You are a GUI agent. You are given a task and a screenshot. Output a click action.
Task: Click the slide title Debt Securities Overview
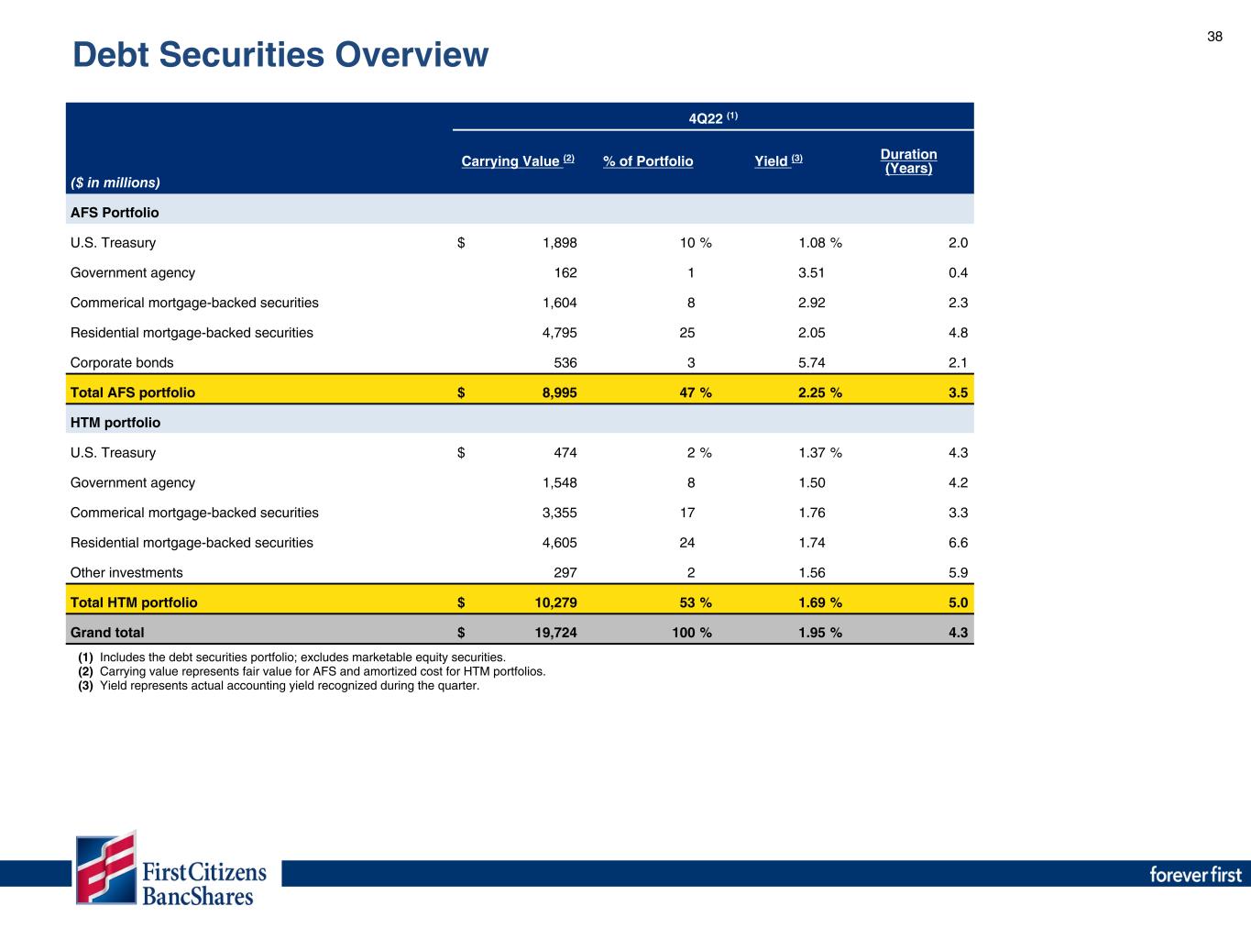click(x=280, y=56)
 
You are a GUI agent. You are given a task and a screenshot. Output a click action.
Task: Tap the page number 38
click(x=1214, y=37)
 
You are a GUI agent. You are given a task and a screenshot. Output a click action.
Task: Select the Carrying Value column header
click(x=517, y=161)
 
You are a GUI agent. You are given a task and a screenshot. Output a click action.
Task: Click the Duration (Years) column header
click(x=908, y=161)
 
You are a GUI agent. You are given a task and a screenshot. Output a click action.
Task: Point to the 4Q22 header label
click(x=713, y=117)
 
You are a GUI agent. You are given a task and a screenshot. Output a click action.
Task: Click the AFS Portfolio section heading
click(x=115, y=213)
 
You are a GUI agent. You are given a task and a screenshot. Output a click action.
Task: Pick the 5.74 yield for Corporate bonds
click(x=812, y=362)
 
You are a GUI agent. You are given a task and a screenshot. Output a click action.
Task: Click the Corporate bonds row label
click(x=122, y=362)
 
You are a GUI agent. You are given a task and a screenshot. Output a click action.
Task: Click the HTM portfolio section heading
click(x=115, y=423)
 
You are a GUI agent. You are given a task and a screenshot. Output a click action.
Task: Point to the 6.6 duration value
click(x=958, y=543)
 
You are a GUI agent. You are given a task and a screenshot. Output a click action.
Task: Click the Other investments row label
click(x=126, y=573)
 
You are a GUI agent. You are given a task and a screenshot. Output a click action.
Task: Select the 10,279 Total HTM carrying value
click(x=554, y=602)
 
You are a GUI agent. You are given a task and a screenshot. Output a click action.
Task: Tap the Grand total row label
click(x=107, y=633)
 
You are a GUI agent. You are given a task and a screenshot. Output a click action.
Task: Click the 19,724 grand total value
click(x=554, y=633)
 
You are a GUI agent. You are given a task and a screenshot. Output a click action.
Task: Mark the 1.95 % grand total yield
click(x=820, y=633)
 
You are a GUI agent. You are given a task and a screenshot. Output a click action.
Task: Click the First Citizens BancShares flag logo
click(x=106, y=868)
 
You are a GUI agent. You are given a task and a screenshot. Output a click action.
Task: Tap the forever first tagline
click(x=1195, y=874)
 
